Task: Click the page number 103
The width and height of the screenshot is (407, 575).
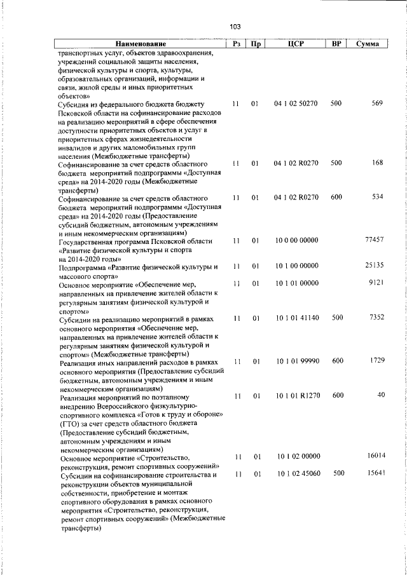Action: tap(235, 27)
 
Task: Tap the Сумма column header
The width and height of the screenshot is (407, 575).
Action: tap(368, 44)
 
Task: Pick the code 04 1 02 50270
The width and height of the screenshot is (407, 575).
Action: tap(296, 104)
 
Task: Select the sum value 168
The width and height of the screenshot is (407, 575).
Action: tap(377, 163)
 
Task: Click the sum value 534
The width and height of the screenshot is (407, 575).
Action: tap(377, 197)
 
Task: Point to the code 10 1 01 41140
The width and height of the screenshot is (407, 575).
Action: tap(296, 316)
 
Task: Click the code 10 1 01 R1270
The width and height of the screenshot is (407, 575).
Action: tap(296, 395)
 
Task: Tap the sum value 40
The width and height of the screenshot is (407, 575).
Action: tap(381, 395)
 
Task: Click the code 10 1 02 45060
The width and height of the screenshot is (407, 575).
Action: tap(296, 473)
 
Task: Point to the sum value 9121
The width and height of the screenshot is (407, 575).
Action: tap(376, 282)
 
